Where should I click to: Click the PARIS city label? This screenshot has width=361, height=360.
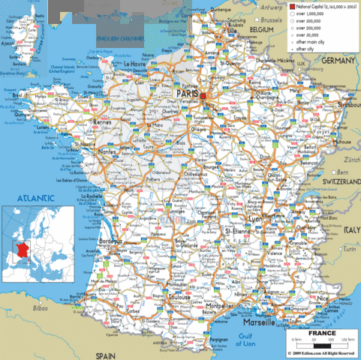tap(188, 93)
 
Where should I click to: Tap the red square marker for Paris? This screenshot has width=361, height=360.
tap(202, 96)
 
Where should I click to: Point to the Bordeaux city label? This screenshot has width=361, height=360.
tap(110, 241)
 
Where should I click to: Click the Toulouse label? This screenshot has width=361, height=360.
tap(179, 298)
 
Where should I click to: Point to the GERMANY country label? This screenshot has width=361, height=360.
tap(341, 59)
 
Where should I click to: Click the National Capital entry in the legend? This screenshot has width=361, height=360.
tap(315, 6)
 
